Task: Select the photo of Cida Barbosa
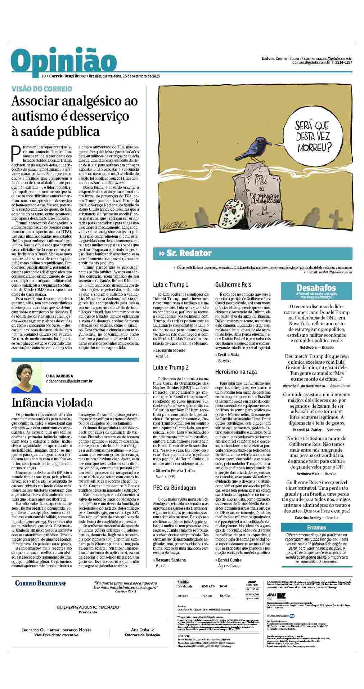click(x=27, y=378)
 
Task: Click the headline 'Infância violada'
click(x=52, y=402)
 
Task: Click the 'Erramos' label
click(x=316, y=527)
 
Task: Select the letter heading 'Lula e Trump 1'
click(x=171, y=285)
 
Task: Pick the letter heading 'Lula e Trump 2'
click(x=171, y=367)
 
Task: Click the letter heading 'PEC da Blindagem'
click(x=175, y=488)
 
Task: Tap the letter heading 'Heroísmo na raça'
click(x=236, y=371)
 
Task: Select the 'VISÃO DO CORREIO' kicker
click(x=42, y=89)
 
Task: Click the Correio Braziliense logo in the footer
click(x=41, y=583)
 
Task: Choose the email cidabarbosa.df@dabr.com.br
click(x=69, y=381)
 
